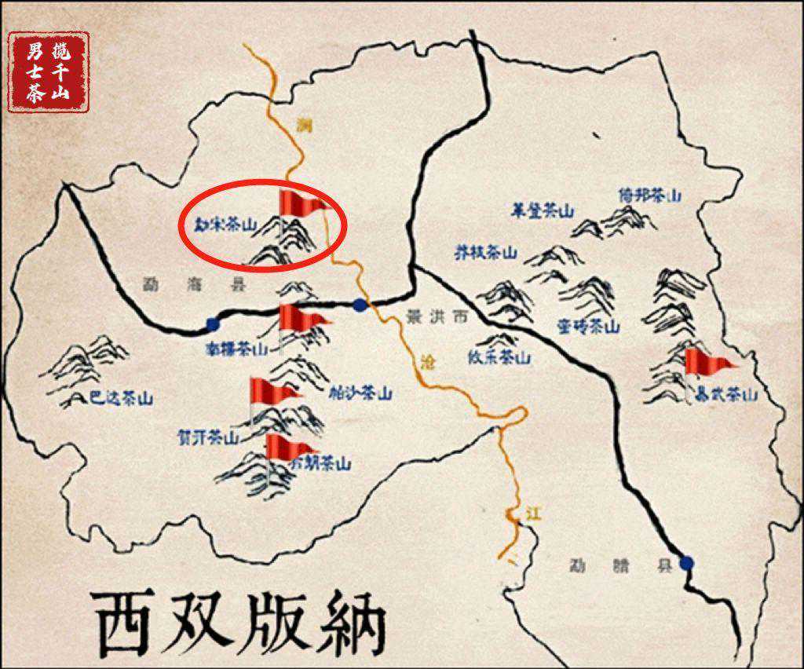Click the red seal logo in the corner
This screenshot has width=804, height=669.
[x=49, y=72]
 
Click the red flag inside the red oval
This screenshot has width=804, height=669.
[x=301, y=204]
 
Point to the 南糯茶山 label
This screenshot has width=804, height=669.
[x=236, y=348]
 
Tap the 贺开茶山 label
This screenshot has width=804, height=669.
[x=208, y=438]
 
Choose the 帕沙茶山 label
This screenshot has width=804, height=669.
[x=360, y=393]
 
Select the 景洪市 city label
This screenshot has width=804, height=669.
[x=437, y=317]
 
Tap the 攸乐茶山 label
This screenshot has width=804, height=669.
[x=499, y=357]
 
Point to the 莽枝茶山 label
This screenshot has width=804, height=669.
[x=487, y=253]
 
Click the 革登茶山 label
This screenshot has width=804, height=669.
[x=543, y=211]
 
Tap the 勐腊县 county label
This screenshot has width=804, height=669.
[x=622, y=565]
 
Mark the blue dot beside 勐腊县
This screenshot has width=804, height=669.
[x=687, y=562]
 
